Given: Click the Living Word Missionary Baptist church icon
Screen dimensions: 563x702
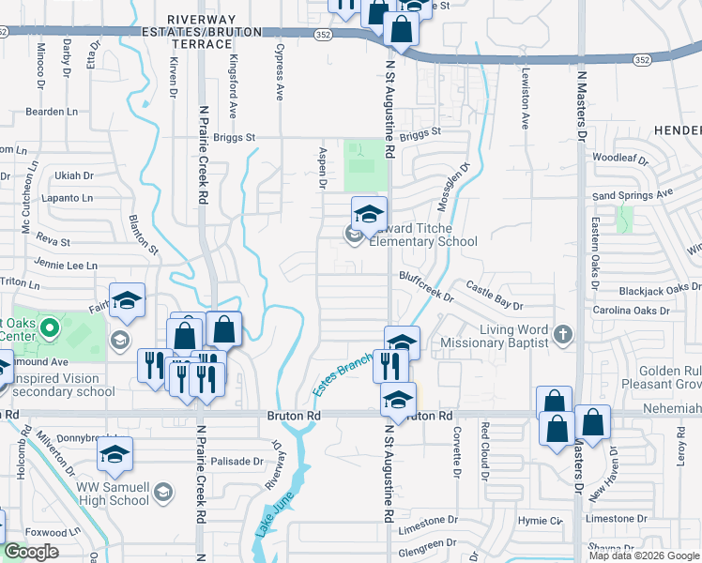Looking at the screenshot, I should (x=562, y=333).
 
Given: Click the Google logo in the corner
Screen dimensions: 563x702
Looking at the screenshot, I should (x=32, y=552).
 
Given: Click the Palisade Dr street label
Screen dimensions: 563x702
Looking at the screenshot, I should (x=237, y=461).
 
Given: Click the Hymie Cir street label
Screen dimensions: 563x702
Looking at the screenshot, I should (x=542, y=519).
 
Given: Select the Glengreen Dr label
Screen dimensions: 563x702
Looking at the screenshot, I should (x=425, y=542).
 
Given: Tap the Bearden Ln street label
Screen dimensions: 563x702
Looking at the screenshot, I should (x=52, y=112).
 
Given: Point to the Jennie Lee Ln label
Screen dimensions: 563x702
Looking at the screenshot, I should (x=66, y=265).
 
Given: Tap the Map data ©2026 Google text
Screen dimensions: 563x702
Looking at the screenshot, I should (x=643, y=555).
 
